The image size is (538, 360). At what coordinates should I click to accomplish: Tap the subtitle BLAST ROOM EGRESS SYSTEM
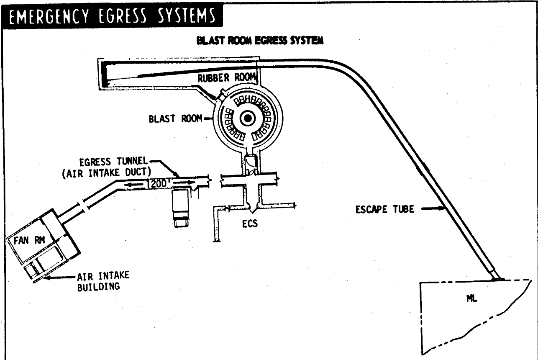[259, 41]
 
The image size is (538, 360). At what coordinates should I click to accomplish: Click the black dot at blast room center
[248, 119]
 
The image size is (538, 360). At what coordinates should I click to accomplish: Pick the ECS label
[250, 224]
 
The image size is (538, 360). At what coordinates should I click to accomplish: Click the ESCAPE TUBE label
[384, 209]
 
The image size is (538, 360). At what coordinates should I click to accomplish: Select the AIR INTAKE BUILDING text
[103, 281]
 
